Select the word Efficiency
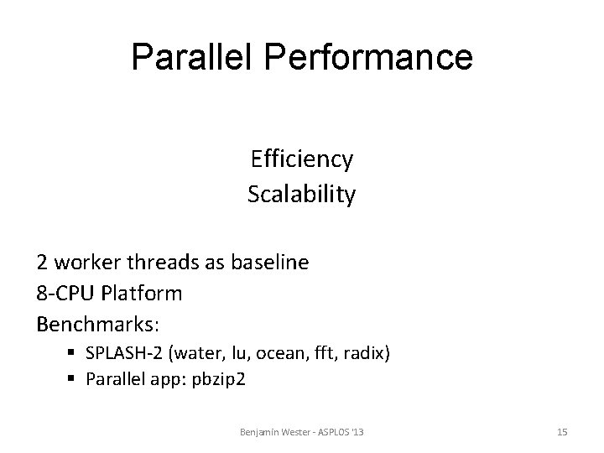click(301, 159)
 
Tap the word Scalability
click(301, 195)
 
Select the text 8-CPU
click(63, 294)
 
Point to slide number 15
click(562, 431)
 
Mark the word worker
click(87, 262)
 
